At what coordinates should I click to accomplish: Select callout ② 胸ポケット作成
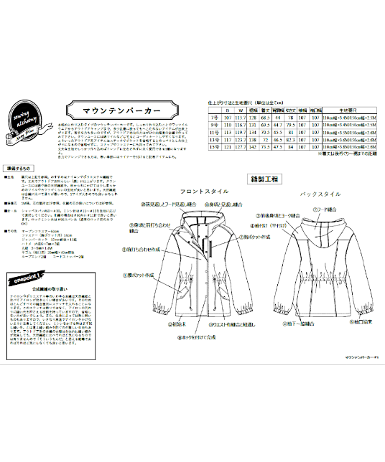pos(243,235)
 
